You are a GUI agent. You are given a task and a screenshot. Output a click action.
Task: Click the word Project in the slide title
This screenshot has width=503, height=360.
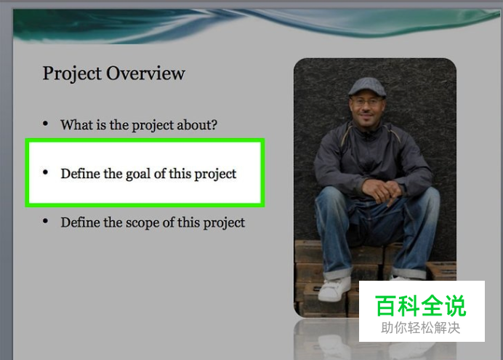click(x=72, y=74)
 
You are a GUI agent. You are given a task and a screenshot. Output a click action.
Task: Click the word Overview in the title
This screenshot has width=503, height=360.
click(x=145, y=73)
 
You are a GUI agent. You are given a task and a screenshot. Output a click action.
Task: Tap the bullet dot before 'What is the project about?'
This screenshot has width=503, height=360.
click(x=45, y=123)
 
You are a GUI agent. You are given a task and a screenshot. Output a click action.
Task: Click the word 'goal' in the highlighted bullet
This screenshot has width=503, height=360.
click(x=138, y=175)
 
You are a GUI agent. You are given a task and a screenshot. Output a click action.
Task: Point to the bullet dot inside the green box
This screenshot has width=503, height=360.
click(x=45, y=172)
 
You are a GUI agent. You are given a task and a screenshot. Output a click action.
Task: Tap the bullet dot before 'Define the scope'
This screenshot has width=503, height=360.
click(x=45, y=221)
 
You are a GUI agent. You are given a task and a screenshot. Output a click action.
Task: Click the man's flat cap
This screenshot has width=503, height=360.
click(x=367, y=87)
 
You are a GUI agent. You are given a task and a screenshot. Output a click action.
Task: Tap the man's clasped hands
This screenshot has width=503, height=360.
click(x=382, y=190)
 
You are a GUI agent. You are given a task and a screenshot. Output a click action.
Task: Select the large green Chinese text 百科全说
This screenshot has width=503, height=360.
click(x=421, y=305)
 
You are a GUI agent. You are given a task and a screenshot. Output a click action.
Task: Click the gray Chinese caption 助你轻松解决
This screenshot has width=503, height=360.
click(x=421, y=328)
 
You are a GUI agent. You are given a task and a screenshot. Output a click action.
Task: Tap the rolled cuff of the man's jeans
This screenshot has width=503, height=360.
click(x=337, y=274)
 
